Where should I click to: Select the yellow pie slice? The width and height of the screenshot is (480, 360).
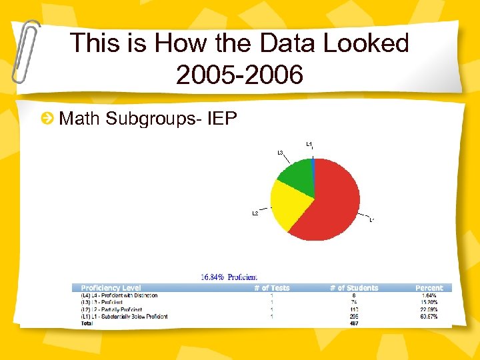[x=290, y=203]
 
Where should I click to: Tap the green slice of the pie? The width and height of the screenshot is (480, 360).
[x=297, y=173]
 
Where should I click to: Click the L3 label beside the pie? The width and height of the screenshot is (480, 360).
[x=281, y=153]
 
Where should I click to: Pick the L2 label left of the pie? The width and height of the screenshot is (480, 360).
[x=255, y=213]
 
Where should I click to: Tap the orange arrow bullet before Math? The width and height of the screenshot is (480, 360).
[x=47, y=119]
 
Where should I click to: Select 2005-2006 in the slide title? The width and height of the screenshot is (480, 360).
[x=239, y=75]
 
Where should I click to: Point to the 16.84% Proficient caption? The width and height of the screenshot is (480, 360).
[x=229, y=277]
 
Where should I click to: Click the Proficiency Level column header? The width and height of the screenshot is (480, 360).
[x=111, y=288]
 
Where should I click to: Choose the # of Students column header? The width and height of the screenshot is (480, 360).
[x=354, y=288]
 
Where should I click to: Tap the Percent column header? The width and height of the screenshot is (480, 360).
[x=429, y=288]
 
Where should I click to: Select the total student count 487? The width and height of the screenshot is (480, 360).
[x=354, y=323]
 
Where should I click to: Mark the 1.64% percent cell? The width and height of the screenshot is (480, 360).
[x=428, y=295]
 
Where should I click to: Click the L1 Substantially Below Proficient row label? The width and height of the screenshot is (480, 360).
[x=125, y=316]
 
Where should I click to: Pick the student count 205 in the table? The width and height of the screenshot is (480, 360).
[x=354, y=316]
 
